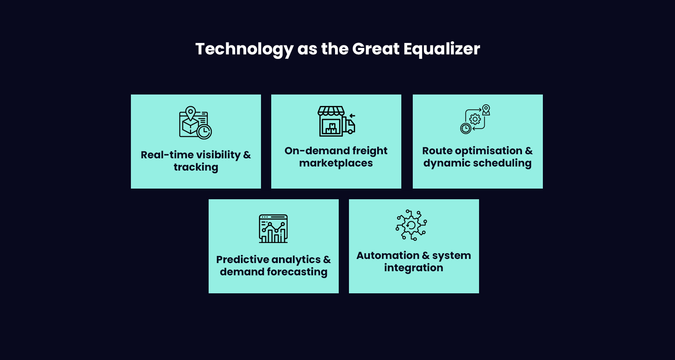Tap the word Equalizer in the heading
click(441, 49)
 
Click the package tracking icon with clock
click(196, 123)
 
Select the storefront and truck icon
click(336, 121)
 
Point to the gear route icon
click(475, 119)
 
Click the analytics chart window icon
click(273, 229)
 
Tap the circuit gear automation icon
click(411, 225)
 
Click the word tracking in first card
click(196, 167)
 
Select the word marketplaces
click(336, 163)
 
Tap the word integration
click(414, 268)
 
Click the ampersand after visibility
click(247, 155)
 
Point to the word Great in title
click(376, 49)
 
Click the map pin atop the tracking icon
click(191, 112)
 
